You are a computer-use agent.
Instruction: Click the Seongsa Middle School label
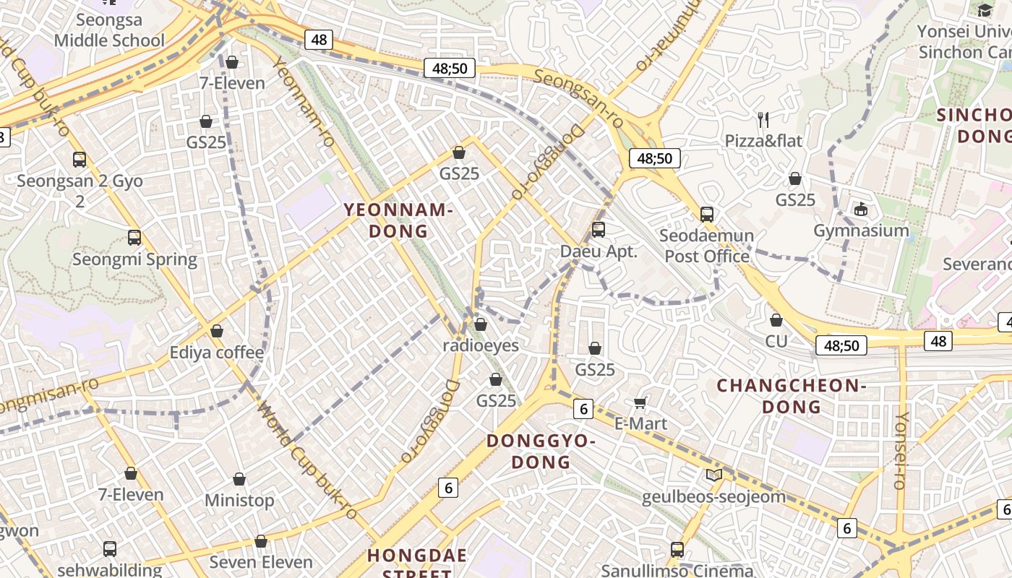click(109, 30)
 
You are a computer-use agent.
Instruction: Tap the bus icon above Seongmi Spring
click(134, 237)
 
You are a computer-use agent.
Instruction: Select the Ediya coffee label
click(216, 353)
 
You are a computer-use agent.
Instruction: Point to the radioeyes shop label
click(481, 345)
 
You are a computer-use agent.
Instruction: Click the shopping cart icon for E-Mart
click(640, 402)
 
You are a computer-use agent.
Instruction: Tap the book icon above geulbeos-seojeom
click(713, 475)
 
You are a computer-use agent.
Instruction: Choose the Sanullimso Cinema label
click(677, 570)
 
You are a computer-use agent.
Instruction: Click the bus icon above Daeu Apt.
click(598, 230)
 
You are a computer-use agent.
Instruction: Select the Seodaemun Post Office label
click(707, 246)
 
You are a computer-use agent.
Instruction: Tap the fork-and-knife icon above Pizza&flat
click(763, 118)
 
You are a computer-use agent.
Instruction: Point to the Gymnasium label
click(861, 230)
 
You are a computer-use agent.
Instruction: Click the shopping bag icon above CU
click(776, 319)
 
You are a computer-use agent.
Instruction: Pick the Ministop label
click(239, 500)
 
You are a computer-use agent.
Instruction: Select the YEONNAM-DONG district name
click(398, 220)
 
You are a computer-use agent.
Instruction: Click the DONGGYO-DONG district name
click(541, 451)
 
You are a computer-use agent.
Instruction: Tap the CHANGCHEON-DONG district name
click(791, 396)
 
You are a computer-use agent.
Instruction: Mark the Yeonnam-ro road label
click(304, 101)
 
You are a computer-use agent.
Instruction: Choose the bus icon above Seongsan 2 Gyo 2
click(80, 160)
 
